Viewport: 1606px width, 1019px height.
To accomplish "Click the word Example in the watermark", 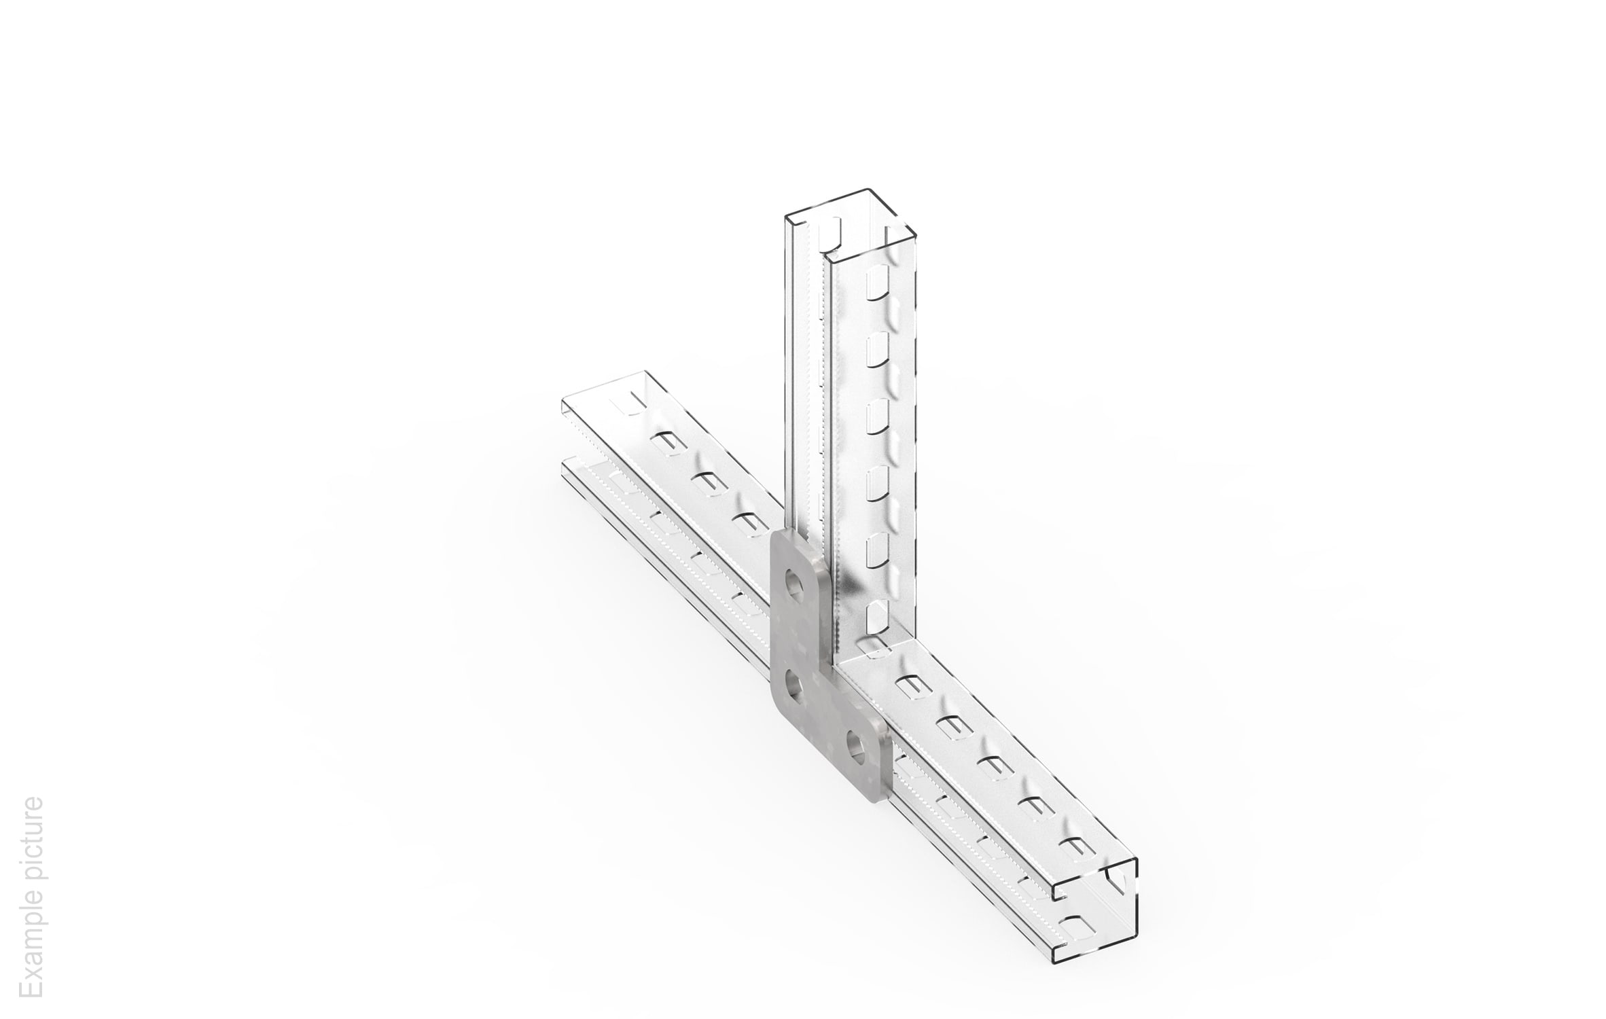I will click(32, 944).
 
